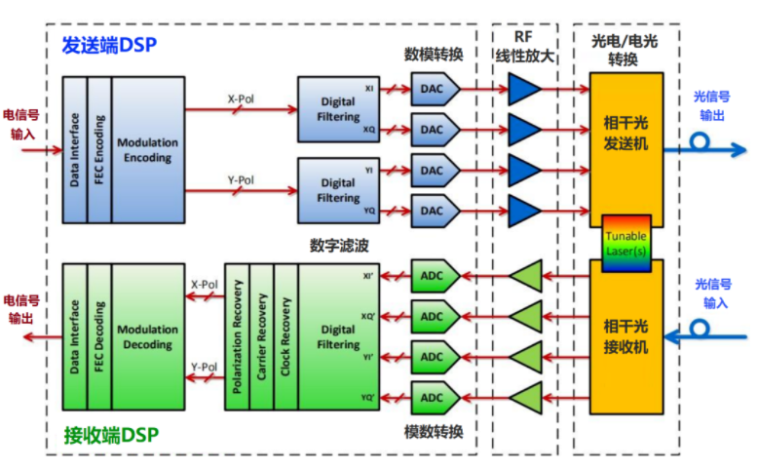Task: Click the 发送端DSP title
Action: [x=109, y=45]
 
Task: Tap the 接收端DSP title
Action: [x=111, y=435]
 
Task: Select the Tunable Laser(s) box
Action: [x=626, y=243]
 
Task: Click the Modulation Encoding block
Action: [x=148, y=150]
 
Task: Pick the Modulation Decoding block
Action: [x=148, y=336]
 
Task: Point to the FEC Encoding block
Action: [x=99, y=150]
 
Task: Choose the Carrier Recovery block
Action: [x=261, y=336]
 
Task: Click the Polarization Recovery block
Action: [x=237, y=336]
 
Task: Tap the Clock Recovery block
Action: [x=286, y=336]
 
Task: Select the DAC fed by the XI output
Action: [x=435, y=89]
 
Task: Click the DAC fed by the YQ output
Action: [x=435, y=212]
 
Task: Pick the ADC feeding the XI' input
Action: [x=435, y=276]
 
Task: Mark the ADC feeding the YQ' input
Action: [x=435, y=398]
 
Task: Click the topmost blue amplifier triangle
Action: [x=523, y=89]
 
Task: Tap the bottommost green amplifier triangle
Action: [x=528, y=398]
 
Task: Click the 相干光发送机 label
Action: [x=626, y=134]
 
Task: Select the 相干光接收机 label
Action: [x=626, y=336]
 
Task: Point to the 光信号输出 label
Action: [x=711, y=106]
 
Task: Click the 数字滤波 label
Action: [x=339, y=246]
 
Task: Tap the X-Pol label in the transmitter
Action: [x=241, y=99]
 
